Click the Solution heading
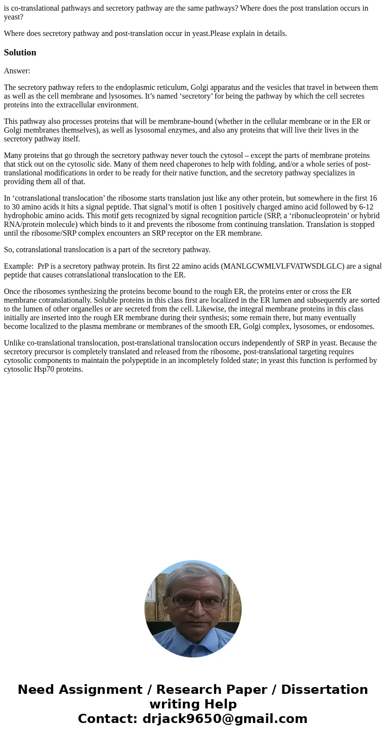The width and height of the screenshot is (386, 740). (x=20, y=52)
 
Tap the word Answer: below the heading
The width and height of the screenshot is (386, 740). (x=17, y=71)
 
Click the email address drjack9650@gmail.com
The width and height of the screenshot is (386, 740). (x=225, y=719)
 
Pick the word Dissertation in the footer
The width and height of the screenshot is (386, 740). (x=324, y=689)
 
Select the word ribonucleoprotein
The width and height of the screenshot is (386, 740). (x=322, y=216)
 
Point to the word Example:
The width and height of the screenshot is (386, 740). (x=18, y=266)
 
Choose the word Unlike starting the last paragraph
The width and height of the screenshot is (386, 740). (x=15, y=343)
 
